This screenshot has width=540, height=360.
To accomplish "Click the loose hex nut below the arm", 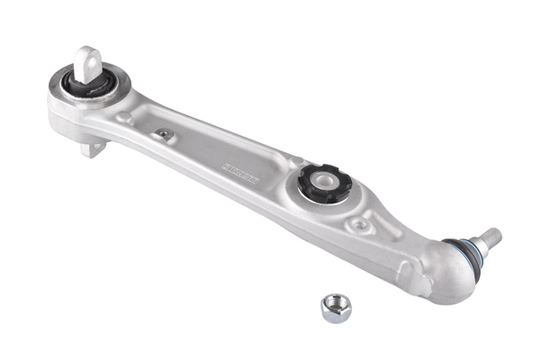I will (336, 308).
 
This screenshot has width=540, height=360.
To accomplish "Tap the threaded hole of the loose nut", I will (334, 305).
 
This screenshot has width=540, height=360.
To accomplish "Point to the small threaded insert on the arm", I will (164, 134).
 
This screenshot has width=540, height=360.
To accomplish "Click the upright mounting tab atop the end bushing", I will (88, 61).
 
